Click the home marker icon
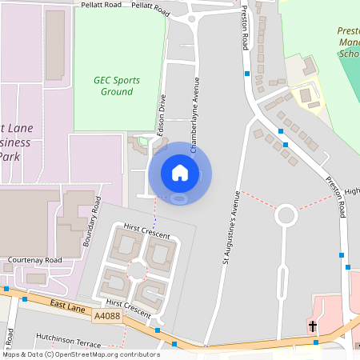click(180, 172)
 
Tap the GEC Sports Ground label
click(117, 86)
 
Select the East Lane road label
click(66, 306)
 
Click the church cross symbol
click(313, 327)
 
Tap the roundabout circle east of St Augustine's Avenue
click(286, 215)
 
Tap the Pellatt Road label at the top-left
click(100, 5)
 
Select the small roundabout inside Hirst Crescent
click(138, 270)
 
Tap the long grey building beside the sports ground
click(55, 46)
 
